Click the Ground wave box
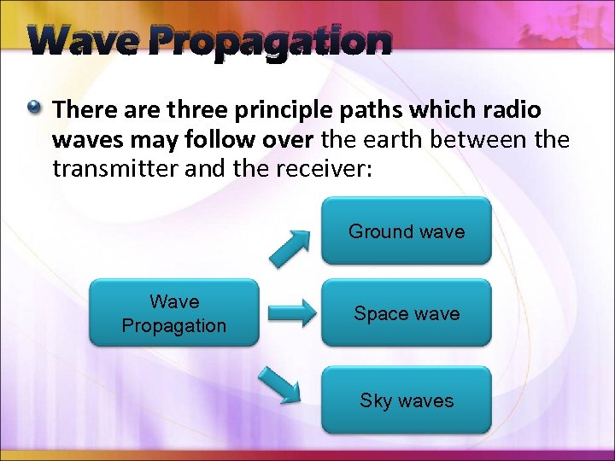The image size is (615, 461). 407,231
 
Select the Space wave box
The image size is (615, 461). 407,313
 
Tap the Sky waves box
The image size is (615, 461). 407,400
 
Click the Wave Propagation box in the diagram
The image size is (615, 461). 174,313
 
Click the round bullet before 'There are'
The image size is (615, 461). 33,108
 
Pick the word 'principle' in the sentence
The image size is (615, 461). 275,110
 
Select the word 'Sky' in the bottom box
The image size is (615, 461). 376,400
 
